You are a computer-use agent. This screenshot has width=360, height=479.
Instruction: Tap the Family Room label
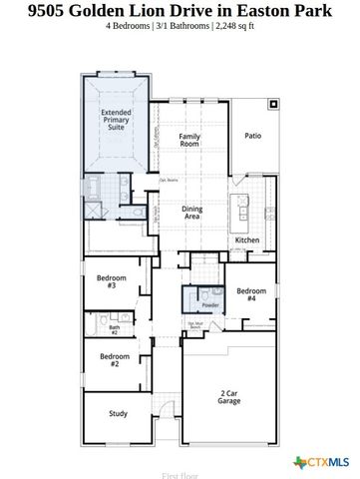[x=189, y=141]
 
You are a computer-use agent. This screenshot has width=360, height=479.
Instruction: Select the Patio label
[x=253, y=135]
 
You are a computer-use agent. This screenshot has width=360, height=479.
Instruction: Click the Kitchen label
[x=247, y=240]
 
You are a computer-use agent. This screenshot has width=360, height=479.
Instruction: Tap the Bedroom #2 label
[x=115, y=360]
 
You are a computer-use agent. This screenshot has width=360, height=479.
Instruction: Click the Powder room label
[x=210, y=305]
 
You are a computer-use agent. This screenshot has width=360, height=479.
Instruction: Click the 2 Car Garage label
[x=228, y=396]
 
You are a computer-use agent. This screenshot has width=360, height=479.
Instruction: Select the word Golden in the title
[x=113, y=13]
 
